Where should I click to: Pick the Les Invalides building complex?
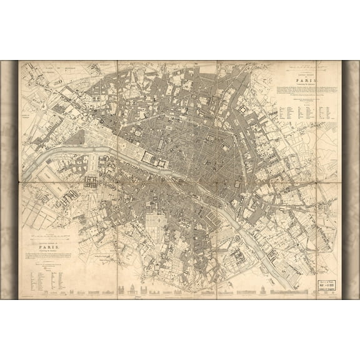[x=91, y=182]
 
